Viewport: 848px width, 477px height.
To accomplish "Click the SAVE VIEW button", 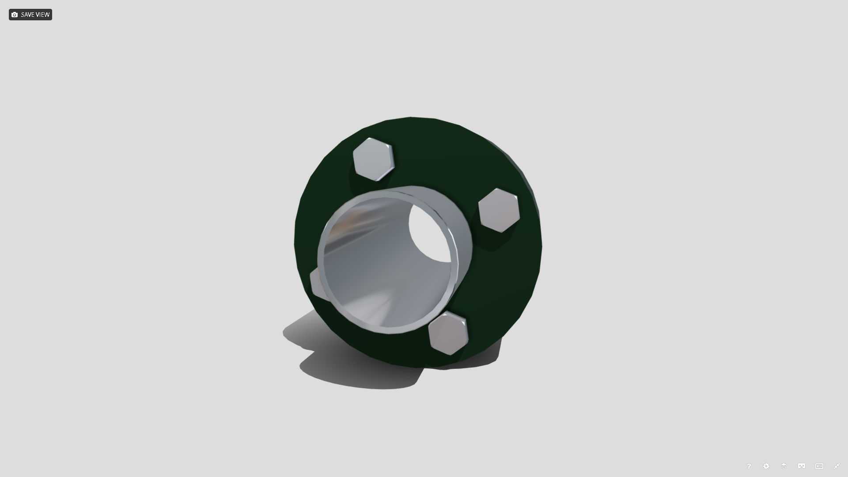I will (30, 15).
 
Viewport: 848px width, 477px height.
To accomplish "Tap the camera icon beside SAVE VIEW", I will (15, 15).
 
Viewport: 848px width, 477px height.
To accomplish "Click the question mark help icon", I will (749, 466).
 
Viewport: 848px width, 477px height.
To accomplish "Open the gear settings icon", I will (766, 466).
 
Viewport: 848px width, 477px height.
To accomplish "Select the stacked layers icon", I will (784, 466).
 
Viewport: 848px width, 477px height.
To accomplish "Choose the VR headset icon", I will (802, 466).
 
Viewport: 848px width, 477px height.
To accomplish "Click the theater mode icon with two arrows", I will (819, 466).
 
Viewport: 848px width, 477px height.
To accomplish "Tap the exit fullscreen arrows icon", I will (837, 466).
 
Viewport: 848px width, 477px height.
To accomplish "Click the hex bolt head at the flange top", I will (373, 159).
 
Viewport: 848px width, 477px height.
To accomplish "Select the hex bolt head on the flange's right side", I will (499, 210).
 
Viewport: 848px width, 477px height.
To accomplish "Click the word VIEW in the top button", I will (43, 15).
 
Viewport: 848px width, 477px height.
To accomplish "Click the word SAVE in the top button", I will (27, 15).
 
